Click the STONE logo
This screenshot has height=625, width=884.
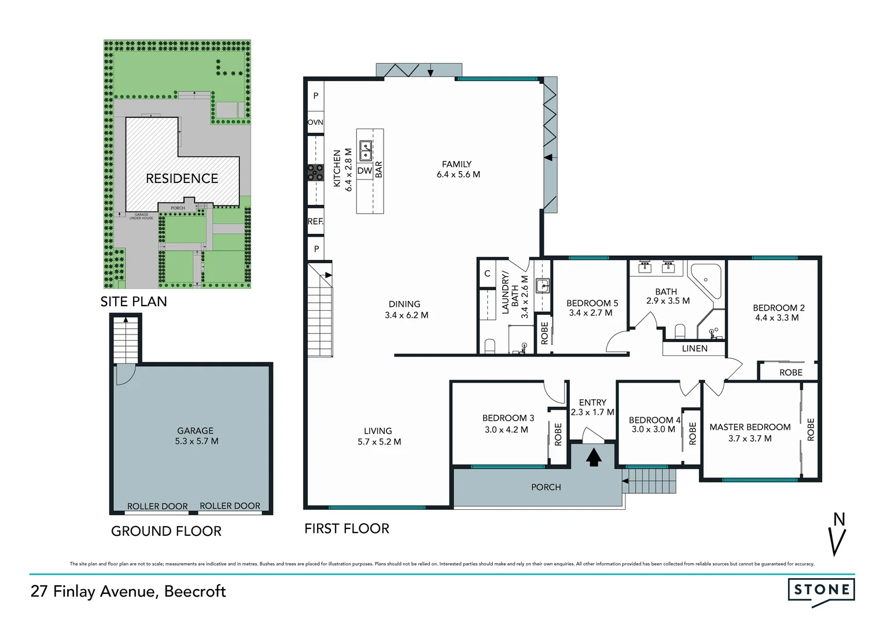pyautogui.click(x=821, y=590)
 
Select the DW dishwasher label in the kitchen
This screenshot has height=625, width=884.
pyautogui.click(x=364, y=171)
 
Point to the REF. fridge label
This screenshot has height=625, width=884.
pyautogui.click(x=315, y=221)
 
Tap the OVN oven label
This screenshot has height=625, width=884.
pyautogui.click(x=315, y=122)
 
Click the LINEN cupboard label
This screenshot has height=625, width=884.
pyautogui.click(x=694, y=348)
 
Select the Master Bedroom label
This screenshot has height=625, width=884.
pyautogui.click(x=750, y=427)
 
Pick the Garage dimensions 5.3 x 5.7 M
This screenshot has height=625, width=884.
pyautogui.click(x=197, y=441)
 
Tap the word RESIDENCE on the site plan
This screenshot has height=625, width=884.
pyautogui.click(x=182, y=178)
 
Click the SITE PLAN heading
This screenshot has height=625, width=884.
pyautogui.click(x=134, y=302)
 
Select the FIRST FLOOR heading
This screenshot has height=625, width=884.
pyautogui.click(x=347, y=528)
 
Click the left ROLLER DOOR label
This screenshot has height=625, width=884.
pyautogui.click(x=157, y=506)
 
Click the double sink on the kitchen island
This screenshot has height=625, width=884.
pyautogui.click(x=366, y=150)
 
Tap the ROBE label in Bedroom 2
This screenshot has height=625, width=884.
pyautogui.click(x=790, y=372)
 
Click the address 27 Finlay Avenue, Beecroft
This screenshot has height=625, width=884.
pyautogui.click(x=128, y=591)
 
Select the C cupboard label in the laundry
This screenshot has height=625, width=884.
pyautogui.click(x=487, y=273)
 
